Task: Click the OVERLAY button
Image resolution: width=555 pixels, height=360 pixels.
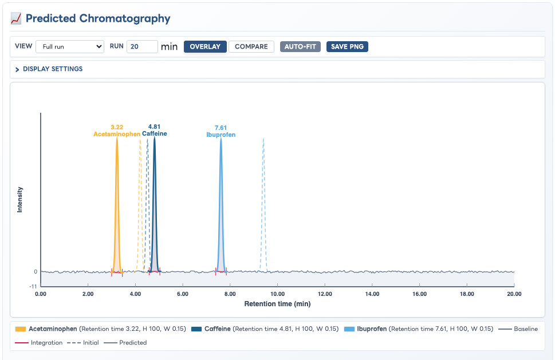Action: [205, 47]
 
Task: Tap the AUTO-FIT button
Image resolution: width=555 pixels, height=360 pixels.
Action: [300, 47]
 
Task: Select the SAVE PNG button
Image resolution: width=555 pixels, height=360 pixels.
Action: [347, 47]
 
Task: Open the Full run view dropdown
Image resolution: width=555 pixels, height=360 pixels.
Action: [70, 47]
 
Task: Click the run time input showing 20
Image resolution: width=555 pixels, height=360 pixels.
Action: [142, 47]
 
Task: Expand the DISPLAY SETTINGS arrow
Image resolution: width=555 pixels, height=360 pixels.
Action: [17, 69]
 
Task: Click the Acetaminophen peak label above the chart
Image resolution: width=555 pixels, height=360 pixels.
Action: [117, 134]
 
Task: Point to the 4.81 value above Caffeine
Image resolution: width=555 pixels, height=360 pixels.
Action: [154, 126]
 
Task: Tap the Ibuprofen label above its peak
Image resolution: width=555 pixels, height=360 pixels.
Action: [221, 134]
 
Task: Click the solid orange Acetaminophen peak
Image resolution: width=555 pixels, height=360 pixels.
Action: [117, 205]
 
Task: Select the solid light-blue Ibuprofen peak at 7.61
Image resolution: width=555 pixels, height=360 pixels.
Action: [221, 205]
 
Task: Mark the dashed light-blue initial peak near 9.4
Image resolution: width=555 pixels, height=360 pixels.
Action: [263, 205]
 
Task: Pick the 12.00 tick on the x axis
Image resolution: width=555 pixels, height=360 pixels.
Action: [325, 294]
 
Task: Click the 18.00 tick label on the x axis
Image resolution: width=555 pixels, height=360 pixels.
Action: [467, 294]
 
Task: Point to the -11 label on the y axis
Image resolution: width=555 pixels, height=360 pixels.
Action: [33, 286]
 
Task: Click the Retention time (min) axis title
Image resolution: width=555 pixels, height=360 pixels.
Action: [277, 304]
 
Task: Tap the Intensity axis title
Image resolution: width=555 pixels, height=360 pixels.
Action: [20, 200]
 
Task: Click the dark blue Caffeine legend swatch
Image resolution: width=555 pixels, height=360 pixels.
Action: [196, 329]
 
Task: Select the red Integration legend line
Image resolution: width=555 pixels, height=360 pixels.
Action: [22, 343]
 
